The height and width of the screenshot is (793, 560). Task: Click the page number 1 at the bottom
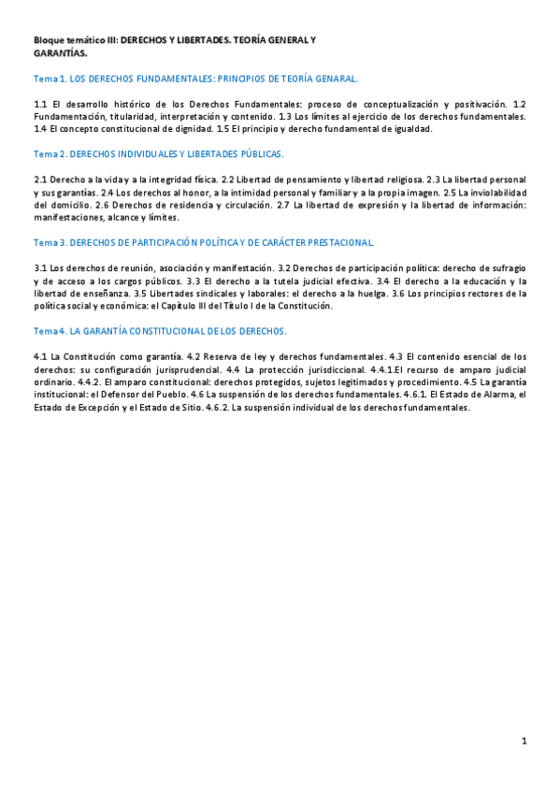524,742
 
